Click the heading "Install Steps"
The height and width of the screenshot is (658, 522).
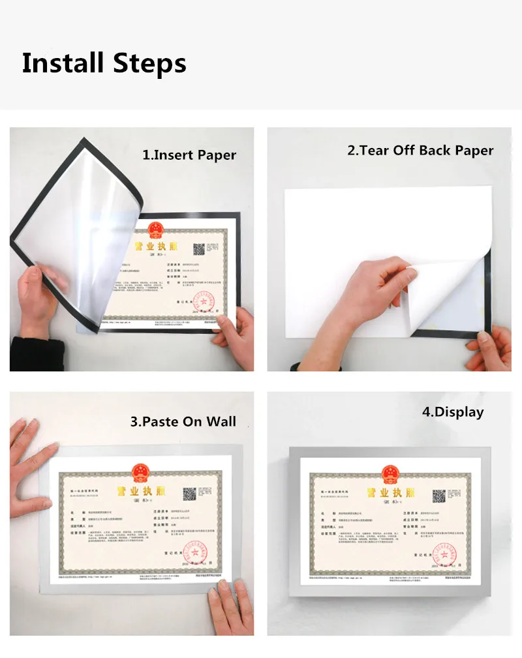point(104,64)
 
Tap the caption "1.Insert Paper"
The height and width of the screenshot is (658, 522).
point(189,155)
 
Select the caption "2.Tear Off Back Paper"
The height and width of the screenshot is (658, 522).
point(420,151)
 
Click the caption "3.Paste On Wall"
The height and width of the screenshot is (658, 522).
point(183,421)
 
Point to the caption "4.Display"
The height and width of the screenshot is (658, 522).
point(452,412)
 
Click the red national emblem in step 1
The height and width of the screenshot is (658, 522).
point(155,230)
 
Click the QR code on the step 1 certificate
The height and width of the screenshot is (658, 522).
point(198,249)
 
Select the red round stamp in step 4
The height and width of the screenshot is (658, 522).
point(446,553)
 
